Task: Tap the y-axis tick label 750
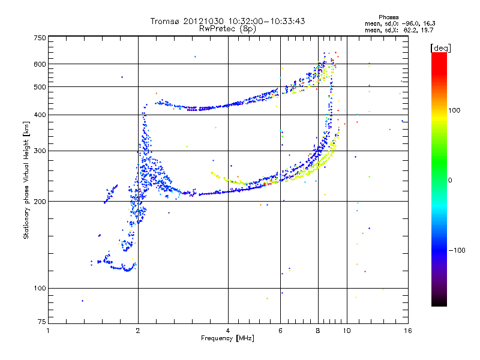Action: pyautogui.click(x=39, y=38)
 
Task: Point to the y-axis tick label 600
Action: pyautogui.click(x=39, y=64)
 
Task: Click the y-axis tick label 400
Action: pyautogui.click(x=39, y=115)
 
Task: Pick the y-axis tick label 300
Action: pyautogui.click(x=39, y=151)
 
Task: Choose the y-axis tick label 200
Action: pyautogui.click(x=39, y=202)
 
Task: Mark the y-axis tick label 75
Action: pyautogui.click(x=41, y=324)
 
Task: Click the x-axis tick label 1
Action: pyautogui.click(x=48, y=331)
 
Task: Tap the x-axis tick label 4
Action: pyautogui.click(x=228, y=331)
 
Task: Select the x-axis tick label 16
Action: pyautogui.click(x=407, y=331)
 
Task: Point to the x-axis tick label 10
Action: pyautogui.click(x=346, y=331)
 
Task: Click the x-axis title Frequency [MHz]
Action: pyautogui.click(x=227, y=338)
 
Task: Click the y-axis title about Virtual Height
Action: pyautogui.click(x=26, y=180)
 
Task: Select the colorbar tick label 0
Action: pyautogui.click(x=452, y=180)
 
